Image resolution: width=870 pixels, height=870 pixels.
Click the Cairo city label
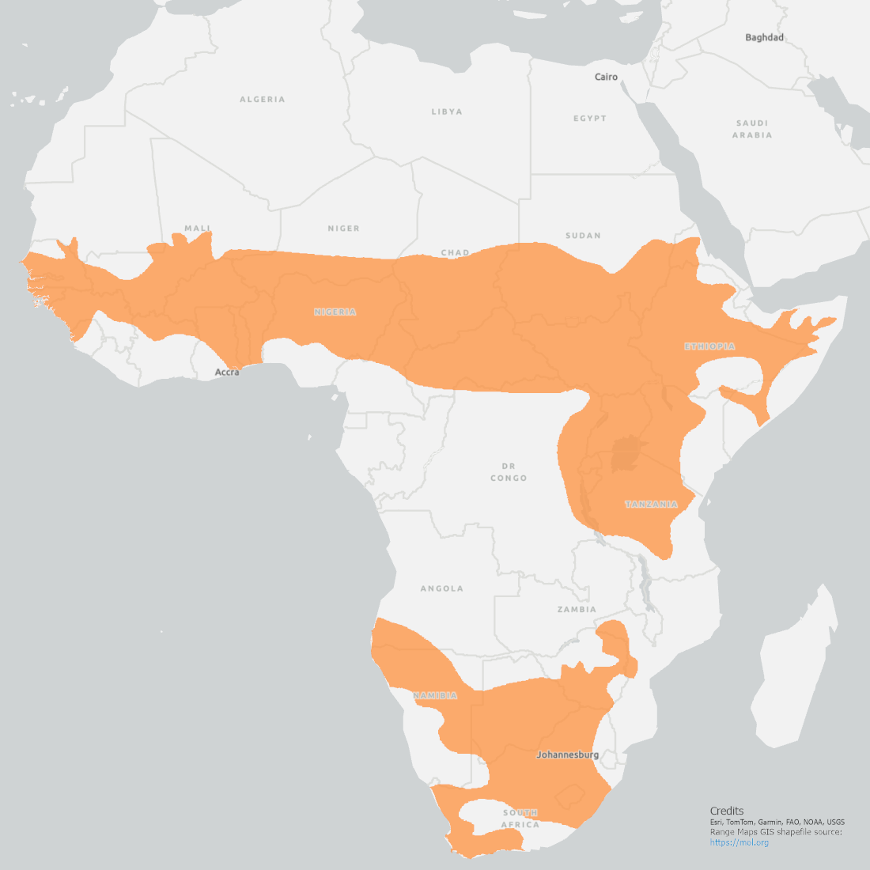coord(606,77)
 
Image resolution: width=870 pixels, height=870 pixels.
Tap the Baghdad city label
coord(764,37)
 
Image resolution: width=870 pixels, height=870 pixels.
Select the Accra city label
coord(227,372)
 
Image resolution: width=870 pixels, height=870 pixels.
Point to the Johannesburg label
coord(567,755)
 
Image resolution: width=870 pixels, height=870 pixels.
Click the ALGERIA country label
coord(263,100)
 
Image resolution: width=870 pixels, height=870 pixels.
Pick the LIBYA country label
coord(447,112)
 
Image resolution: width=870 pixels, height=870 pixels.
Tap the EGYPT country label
coord(590,119)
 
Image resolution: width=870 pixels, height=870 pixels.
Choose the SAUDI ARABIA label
coord(752,129)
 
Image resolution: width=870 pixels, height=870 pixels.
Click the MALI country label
coord(198,229)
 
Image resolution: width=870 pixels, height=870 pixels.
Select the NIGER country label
coord(343,229)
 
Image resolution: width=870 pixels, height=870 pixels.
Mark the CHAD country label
coord(455,253)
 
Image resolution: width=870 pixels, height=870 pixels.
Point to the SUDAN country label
coord(583,236)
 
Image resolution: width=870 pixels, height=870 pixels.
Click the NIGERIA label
coord(335,312)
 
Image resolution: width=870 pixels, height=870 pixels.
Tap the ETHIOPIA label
coord(709,346)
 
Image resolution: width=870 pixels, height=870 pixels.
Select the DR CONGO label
coord(509,472)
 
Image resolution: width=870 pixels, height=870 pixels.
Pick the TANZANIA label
coord(652,504)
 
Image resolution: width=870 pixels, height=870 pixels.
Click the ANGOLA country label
coord(441,589)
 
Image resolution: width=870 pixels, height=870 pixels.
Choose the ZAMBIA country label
coord(577,610)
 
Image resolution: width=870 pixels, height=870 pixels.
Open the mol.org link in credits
coord(739,842)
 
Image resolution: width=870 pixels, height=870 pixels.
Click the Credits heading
coord(727,811)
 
